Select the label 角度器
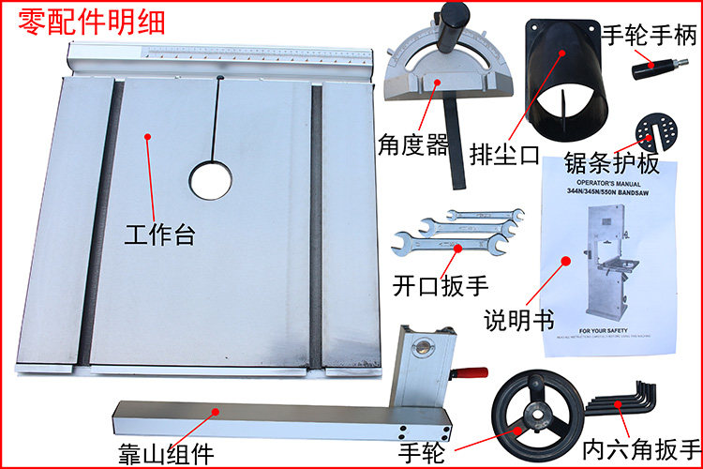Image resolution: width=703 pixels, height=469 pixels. point(412,147)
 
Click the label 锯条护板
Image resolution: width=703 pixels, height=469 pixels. point(613,166)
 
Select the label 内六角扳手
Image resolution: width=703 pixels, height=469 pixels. point(641,447)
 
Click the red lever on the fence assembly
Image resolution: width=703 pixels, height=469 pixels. point(470,374)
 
